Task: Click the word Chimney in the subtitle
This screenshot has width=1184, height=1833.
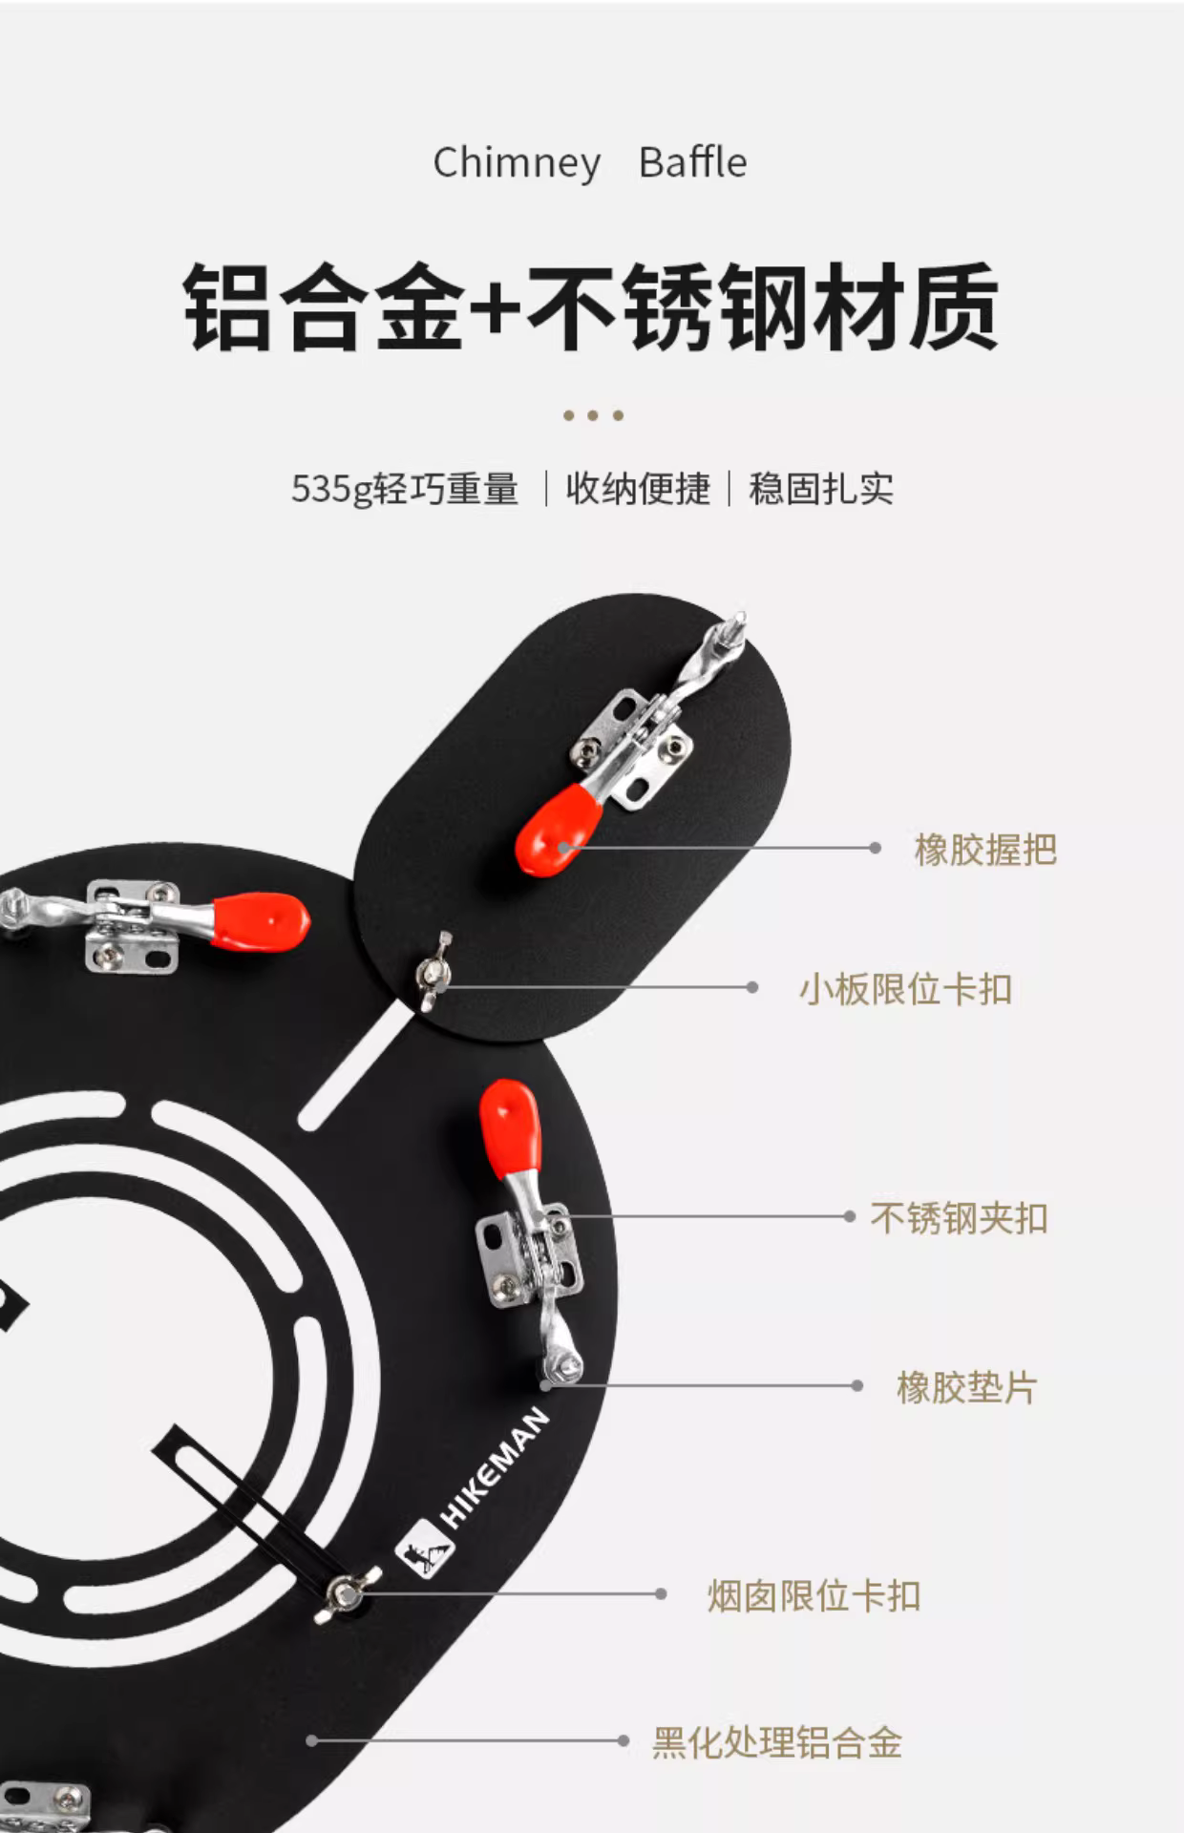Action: point(517,163)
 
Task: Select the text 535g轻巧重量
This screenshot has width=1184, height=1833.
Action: point(405,489)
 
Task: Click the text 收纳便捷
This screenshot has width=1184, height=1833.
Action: point(638,488)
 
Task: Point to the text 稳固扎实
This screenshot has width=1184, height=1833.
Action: point(821,488)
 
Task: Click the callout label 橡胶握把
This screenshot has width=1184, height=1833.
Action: point(985,849)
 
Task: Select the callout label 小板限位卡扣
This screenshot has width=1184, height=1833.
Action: point(905,989)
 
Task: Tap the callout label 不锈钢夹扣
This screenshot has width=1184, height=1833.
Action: point(959,1218)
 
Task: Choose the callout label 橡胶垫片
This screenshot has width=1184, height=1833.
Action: point(966,1387)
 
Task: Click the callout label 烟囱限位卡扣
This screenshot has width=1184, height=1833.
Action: point(814,1595)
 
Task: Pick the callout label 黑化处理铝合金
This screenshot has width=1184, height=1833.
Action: point(777,1742)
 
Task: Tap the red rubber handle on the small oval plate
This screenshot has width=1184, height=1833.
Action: point(559,829)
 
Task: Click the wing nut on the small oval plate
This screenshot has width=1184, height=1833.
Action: point(433,971)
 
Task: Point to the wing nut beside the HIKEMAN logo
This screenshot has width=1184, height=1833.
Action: point(347,1592)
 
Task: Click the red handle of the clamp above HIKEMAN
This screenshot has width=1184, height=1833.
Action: point(511,1127)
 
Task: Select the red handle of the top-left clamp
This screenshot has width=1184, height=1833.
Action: point(261,921)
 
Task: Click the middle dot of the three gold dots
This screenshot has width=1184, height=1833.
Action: point(593,415)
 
